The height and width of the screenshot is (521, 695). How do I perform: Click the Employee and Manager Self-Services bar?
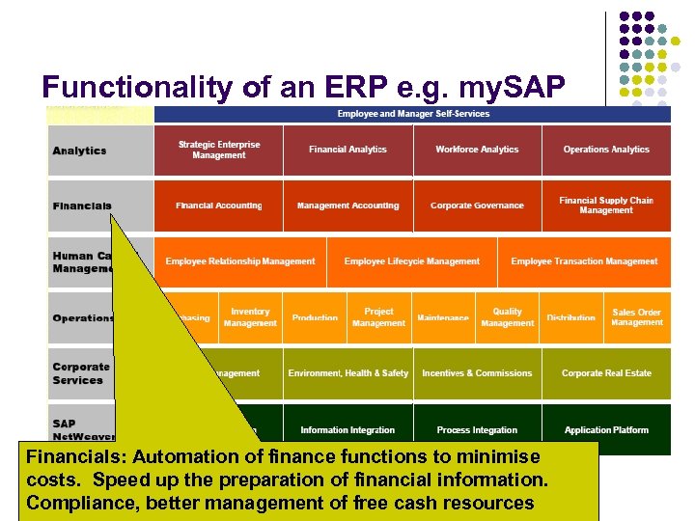click(x=412, y=114)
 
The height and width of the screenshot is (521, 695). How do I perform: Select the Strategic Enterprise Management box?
click(x=219, y=151)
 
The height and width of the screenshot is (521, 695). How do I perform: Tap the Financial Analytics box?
click(x=347, y=151)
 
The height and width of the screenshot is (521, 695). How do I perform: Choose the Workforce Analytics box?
click(x=477, y=151)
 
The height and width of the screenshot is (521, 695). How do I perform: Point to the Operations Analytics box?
click(x=606, y=151)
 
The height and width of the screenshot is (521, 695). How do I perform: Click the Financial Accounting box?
click(x=219, y=206)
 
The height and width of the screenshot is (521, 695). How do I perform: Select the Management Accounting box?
click(x=347, y=206)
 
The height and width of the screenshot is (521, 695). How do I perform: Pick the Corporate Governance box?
click(x=477, y=206)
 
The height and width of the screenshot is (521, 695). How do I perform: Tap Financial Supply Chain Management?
click(x=606, y=206)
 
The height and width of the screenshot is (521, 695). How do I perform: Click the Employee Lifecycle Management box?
click(x=411, y=261)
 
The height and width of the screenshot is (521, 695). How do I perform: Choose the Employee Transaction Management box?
click(x=584, y=261)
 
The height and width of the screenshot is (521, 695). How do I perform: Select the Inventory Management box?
click(x=250, y=317)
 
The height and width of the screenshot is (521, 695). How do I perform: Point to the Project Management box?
click(x=378, y=317)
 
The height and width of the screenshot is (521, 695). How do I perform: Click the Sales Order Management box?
click(x=637, y=317)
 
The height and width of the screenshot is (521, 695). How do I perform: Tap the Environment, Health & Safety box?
click(x=347, y=373)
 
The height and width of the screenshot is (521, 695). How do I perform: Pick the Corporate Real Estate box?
click(x=606, y=373)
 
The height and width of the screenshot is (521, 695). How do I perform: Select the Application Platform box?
click(x=606, y=429)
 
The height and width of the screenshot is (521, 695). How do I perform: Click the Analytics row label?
click(x=80, y=151)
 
